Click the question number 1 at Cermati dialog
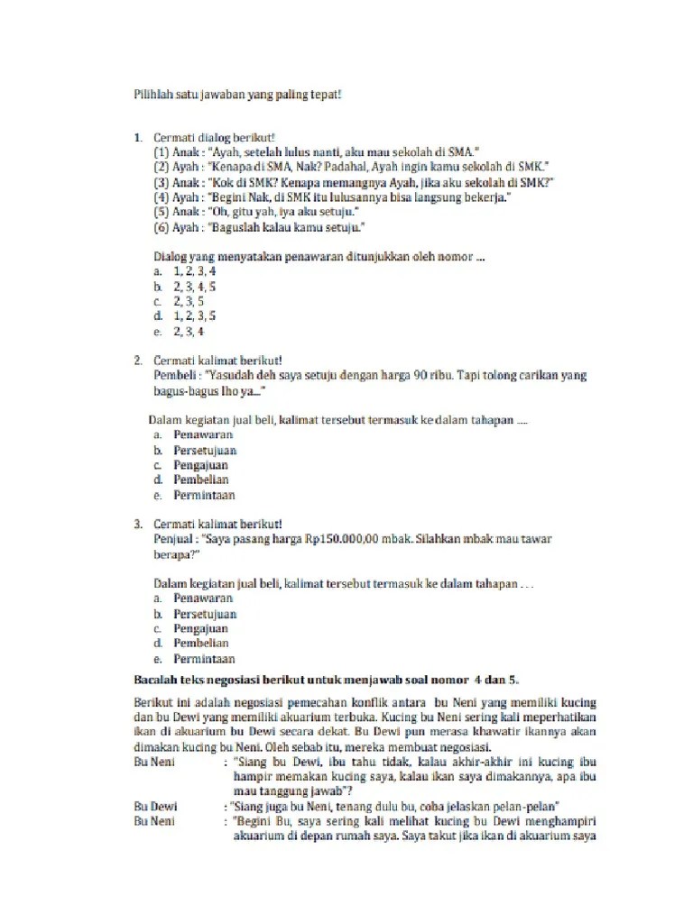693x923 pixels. click(x=138, y=138)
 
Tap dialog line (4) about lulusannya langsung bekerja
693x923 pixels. click(x=332, y=196)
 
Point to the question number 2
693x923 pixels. click(x=138, y=361)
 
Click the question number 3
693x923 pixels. click(x=138, y=524)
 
